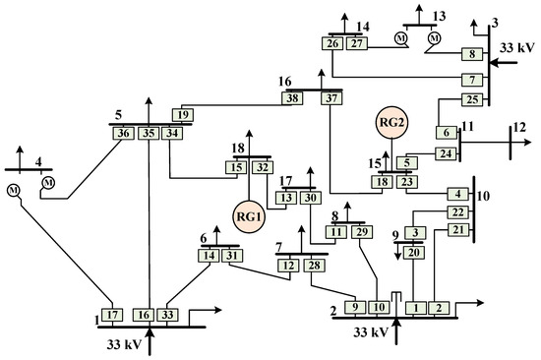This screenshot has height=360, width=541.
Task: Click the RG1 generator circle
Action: tap(249, 216)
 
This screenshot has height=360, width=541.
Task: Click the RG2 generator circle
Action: tap(391, 122)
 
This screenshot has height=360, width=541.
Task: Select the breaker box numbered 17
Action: tap(112, 315)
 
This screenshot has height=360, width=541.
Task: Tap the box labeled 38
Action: tap(292, 98)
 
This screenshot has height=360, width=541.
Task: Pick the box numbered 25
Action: tap(472, 99)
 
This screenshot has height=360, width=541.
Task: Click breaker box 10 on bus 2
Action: tap(379, 307)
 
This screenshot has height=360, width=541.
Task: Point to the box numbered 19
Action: tap(183, 115)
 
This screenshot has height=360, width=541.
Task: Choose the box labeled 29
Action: tap(362, 232)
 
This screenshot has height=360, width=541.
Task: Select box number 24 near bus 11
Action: tap(446, 153)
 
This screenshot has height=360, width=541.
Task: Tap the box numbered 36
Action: tap(124, 133)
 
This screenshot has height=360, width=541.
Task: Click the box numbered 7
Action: tap(472, 80)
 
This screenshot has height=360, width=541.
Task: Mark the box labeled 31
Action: tap(232, 256)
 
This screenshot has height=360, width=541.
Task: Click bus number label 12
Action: tap(520, 127)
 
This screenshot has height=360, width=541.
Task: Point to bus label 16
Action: tap(285, 82)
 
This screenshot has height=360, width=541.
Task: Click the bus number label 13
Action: tap(440, 16)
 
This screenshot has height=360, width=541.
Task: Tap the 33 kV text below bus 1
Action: tap(124, 344)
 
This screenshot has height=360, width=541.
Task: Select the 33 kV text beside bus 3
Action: tap(517, 47)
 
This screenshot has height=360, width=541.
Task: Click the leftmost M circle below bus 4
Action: tap(14, 190)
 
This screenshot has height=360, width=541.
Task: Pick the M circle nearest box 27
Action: tap(401, 38)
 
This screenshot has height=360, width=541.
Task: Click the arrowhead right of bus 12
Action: tap(527, 142)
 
